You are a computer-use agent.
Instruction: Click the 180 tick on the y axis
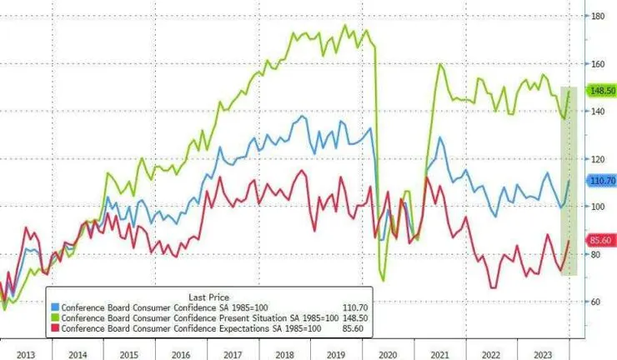(597, 16)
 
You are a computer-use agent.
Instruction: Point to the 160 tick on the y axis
(597, 63)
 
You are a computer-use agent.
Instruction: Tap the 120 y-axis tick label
(597, 158)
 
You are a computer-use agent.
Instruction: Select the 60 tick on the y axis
(597, 301)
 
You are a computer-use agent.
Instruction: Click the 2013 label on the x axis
(26, 352)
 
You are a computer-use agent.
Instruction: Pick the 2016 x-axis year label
(180, 352)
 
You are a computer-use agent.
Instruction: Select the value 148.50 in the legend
(355, 318)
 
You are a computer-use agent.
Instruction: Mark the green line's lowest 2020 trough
(383, 280)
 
